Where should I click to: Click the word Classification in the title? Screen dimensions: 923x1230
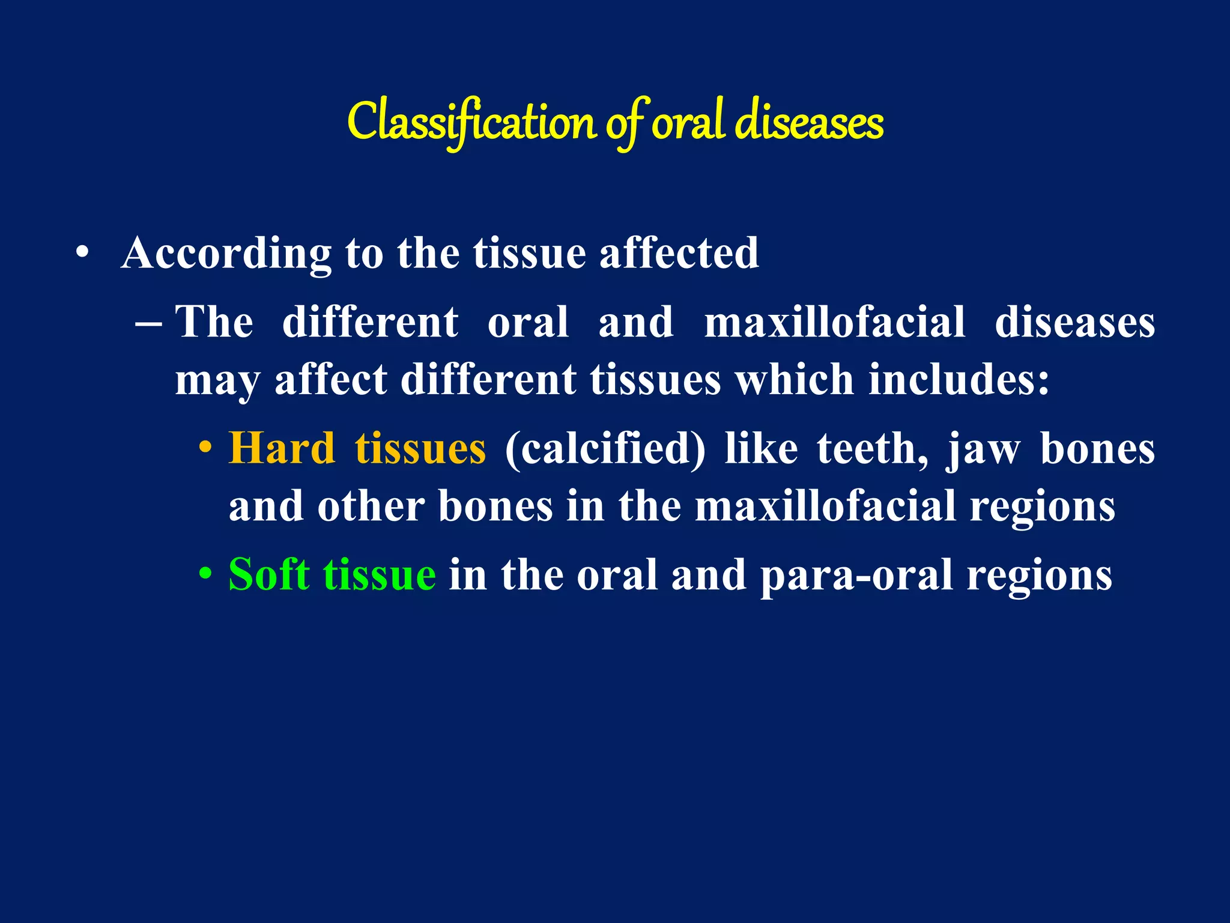(x=471, y=122)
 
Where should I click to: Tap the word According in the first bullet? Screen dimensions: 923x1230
(x=226, y=253)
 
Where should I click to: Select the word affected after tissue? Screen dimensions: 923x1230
(x=679, y=253)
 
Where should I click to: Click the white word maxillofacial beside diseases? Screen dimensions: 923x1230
(x=834, y=322)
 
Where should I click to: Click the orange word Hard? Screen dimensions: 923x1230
(x=282, y=449)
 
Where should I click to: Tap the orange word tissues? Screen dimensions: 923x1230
(x=420, y=449)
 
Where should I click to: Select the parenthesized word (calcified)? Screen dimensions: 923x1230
(x=605, y=449)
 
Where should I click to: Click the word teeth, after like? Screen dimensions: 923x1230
(x=872, y=449)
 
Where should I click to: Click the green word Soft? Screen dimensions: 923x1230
(x=269, y=575)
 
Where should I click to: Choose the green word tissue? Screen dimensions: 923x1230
(x=380, y=575)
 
